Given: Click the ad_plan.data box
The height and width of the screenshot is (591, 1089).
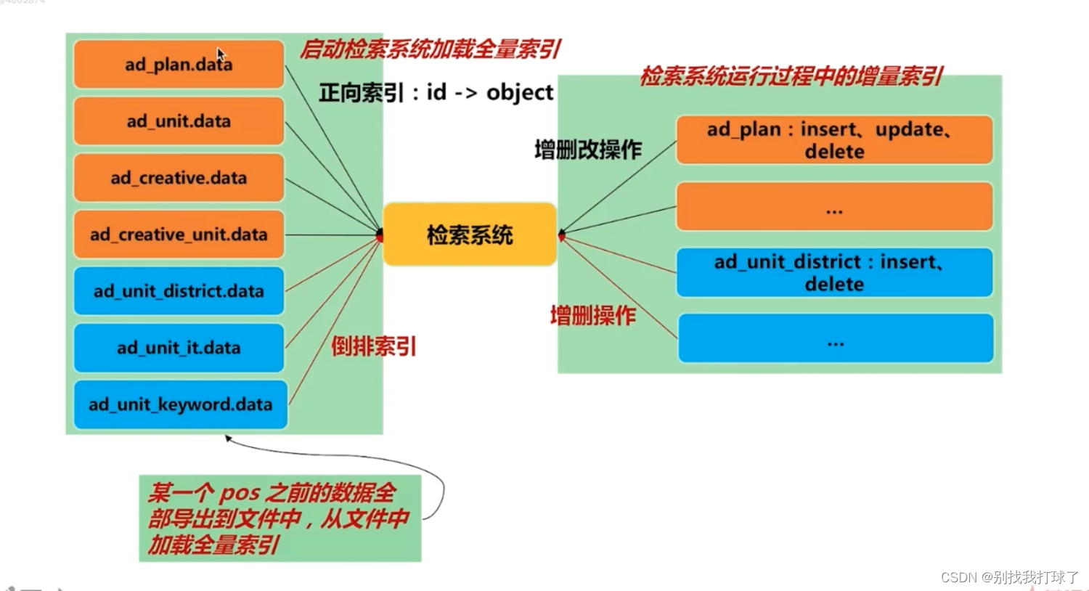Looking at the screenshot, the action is point(179,64).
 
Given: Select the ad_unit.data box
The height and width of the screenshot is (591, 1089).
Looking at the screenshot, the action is point(179,121).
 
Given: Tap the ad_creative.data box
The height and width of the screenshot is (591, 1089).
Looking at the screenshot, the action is point(179,177).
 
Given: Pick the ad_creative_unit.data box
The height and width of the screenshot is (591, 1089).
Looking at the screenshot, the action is point(179,235).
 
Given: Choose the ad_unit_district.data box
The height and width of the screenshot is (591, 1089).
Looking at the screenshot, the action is point(179,291).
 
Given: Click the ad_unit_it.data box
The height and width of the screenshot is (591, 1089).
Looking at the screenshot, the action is point(179,348).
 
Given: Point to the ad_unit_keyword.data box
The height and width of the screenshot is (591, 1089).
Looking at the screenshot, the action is point(180,404).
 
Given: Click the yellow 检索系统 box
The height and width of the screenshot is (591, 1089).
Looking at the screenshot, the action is point(470,235).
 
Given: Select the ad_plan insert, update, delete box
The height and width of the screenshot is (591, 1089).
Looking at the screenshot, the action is point(834,140).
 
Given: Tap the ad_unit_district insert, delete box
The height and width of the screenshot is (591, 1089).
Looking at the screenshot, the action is point(834,272).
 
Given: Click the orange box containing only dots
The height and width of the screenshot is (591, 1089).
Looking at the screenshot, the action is point(834,207).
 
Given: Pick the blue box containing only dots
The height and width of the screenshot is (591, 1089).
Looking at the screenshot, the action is point(835,338).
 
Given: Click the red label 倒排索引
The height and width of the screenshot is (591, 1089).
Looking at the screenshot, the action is point(374,346).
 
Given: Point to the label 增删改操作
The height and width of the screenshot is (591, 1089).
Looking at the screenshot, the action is point(588,150).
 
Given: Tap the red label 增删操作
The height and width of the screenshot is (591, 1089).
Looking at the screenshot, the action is point(592,315).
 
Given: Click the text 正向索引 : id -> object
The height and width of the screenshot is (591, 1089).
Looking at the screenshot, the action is point(436,92).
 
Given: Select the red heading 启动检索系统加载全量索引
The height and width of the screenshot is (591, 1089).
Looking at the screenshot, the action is point(430,49).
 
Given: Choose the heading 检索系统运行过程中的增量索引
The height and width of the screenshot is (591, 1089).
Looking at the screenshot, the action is point(791,76).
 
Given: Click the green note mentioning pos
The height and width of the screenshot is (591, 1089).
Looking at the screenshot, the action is point(280,518).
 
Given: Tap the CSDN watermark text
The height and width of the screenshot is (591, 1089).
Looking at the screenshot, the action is point(1009,577).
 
